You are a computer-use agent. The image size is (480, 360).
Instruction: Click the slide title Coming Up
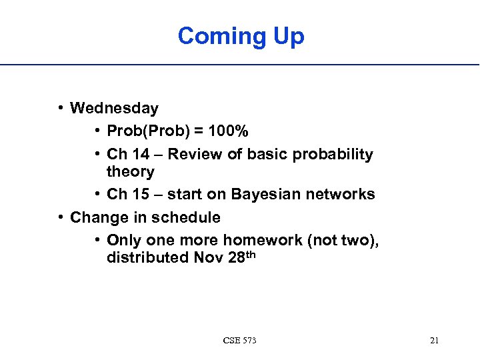coord(241,35)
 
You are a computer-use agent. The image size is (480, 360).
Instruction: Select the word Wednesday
coord(114,108)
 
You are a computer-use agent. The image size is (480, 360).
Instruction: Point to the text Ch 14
coord(128,155)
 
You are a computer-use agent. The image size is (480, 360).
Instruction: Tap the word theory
coord(130,172)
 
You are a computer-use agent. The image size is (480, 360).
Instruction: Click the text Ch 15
coord(128,195)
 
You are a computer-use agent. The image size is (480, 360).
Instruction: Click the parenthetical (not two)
coord(343,241)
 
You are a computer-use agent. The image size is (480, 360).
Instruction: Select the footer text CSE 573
coord(240,341)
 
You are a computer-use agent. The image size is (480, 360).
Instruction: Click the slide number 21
coord(434,341)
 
